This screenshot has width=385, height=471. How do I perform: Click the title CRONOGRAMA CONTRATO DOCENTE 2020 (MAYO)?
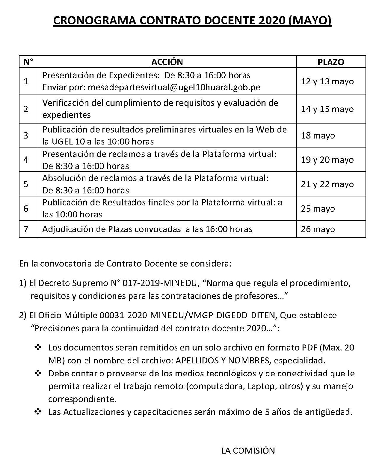coord(192,21)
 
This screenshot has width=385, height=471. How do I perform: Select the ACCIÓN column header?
coord(167,62)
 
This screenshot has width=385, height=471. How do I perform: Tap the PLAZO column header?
coord(331,62)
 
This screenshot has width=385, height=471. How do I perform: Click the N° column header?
coord(28,62)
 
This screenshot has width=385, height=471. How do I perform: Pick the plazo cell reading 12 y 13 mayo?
coord(327,81)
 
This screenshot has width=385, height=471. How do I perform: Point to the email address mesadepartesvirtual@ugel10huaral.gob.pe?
coord(174,87)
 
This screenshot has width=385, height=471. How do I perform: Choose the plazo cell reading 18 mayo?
coord(318,135)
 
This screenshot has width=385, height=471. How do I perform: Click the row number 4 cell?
coord(26,160)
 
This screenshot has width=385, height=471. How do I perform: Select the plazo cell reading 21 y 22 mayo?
coord(327,184)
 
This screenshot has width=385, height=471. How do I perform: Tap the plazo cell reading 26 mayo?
coord(318,229)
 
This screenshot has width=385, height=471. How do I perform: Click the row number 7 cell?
coord(26,229)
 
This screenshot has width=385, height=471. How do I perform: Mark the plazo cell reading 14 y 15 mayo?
coord(327,109)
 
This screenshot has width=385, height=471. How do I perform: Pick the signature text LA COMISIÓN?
coord(248,450)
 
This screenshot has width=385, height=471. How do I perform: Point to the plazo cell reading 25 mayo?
coord(318,209)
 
